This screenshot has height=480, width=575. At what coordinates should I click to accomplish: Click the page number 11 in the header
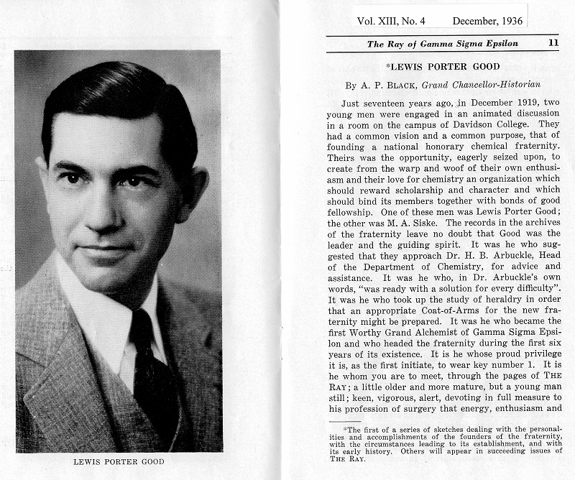553,43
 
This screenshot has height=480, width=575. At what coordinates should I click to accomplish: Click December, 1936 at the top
488,21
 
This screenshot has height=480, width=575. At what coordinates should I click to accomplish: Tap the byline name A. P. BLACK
372,85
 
